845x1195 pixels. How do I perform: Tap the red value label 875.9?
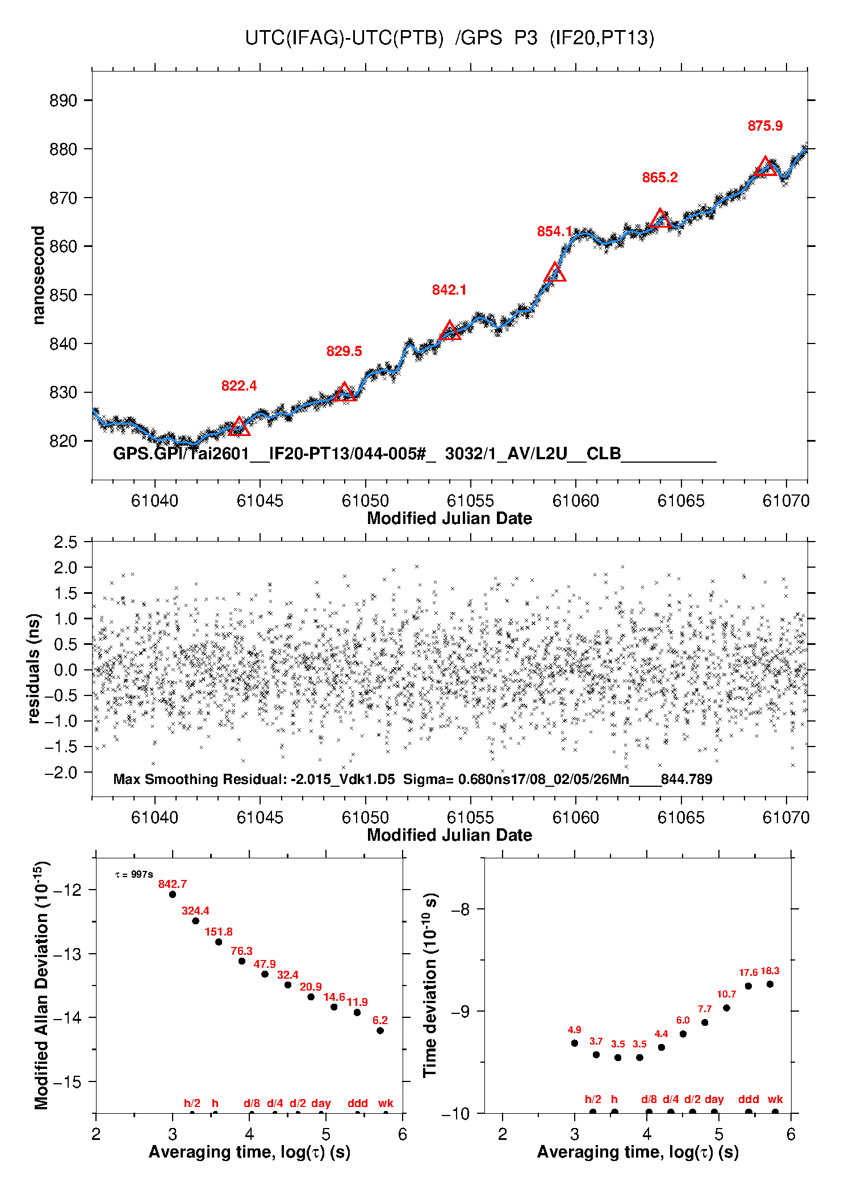[765, 126]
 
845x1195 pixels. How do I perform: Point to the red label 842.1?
[449, 290]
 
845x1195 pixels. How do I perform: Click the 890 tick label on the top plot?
[63, 100]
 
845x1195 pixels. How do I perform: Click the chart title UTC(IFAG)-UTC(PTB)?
[344, 38]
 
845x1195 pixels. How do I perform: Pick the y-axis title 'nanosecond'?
[38, 275]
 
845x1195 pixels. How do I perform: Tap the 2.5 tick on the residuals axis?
[65, 542]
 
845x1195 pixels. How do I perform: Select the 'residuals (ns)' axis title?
[34, 668]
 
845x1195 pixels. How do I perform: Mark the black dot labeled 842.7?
[173, 894]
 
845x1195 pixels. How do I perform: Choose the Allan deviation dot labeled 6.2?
[380, 1030]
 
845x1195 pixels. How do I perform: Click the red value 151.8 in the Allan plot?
[219, 932]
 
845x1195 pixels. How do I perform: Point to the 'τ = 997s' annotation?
[134, 875]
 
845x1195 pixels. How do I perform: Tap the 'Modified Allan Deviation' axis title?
[41, 985]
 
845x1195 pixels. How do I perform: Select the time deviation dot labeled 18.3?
[770, 984]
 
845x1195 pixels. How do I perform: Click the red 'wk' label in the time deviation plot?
[775, 1099]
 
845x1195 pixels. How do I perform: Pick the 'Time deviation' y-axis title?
[430, 985]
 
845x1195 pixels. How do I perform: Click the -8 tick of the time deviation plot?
[461, 909]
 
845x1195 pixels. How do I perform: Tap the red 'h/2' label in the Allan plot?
[192, 1103]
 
